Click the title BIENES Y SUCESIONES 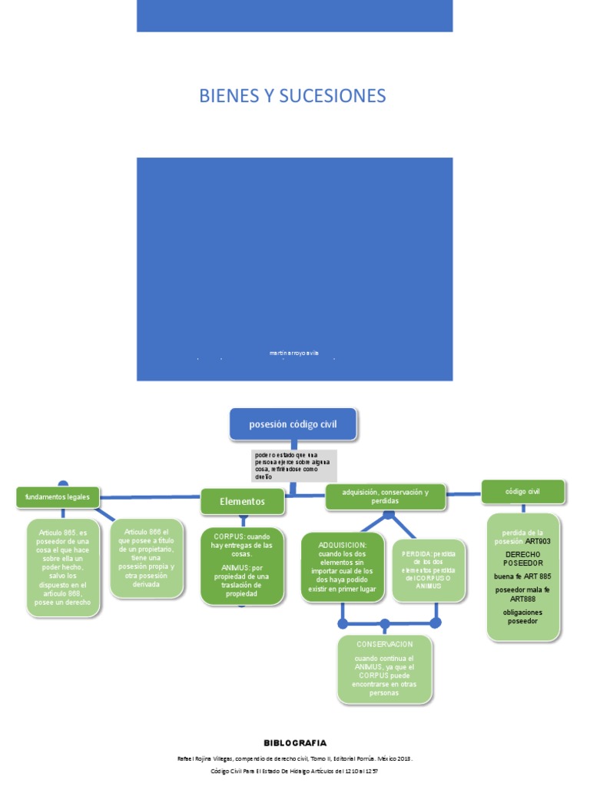pos(292,96)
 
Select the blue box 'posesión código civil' pos(293,423)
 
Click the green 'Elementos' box pos(241,501)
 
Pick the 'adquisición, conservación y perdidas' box pos(385,496)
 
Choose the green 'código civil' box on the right pos(522,490)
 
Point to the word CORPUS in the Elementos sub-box pos(228,536)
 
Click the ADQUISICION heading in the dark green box pos(342,545)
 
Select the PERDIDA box pos(429,569)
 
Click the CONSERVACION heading pos(384,644)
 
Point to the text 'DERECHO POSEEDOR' pos(523,558)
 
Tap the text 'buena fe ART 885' pos(522,576)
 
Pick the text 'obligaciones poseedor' pos(522,616)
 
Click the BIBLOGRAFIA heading pos(295,742)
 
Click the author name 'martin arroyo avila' pos(293,353)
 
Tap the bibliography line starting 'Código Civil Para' pos(295,770)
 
